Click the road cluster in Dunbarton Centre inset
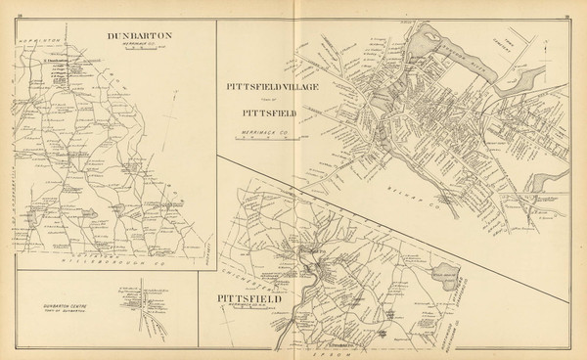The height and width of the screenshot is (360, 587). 142,303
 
